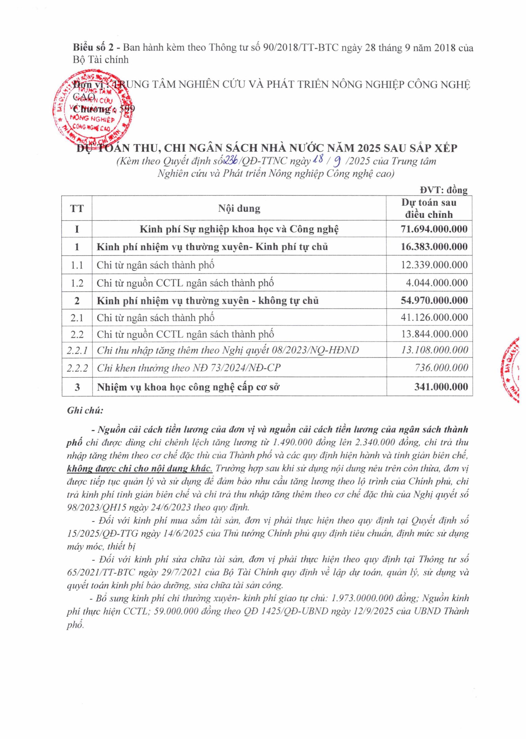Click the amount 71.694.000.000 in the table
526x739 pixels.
point(434,229)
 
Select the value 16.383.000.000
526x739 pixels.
point(434,247)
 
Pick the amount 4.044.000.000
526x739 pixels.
point(437,283)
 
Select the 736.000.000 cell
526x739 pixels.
point(441,367)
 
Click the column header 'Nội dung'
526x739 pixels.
point(239,208)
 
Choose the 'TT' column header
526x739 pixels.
point(77,208)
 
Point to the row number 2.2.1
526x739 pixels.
point(77,350)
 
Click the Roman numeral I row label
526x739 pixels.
point(77,229)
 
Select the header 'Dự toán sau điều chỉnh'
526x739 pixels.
point(429,208)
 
